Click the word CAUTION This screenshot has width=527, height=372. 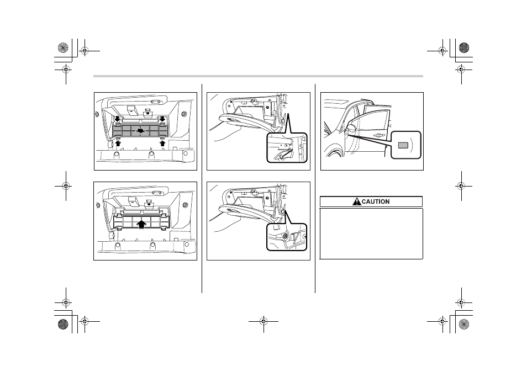[376, 201]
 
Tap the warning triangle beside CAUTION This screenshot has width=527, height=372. [357, 201]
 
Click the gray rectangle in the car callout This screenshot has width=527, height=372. [403, 145]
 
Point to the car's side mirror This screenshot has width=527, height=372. [351, 128]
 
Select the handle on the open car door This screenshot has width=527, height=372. [378, 135]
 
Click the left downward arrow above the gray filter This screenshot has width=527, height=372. [117, 119]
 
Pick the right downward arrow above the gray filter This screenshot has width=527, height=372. [162, 119]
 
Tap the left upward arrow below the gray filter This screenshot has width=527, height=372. [118, 143]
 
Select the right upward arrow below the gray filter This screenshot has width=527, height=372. [162, 143]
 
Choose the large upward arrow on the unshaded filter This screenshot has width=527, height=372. [142, 224]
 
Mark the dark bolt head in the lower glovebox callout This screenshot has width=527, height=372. [286, 236]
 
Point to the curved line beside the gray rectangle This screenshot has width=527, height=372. [412, 145]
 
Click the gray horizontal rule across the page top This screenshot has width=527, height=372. [258, 76]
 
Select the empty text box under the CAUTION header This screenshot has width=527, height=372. [371, 233]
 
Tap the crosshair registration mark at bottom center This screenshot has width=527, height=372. [263, 321]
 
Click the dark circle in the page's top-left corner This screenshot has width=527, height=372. [63, 47]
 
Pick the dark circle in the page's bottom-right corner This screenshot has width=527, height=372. [464, 324]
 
